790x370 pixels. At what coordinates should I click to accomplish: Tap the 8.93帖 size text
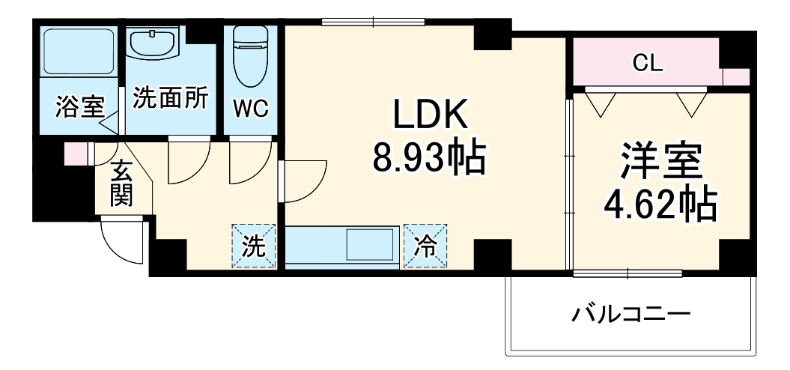click(430, 158)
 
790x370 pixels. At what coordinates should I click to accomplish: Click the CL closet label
click(647, 64)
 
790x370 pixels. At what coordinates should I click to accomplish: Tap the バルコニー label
click(631, 313)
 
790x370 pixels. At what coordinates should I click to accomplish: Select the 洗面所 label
click(171, 99)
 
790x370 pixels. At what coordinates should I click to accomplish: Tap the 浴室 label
click(79, 106)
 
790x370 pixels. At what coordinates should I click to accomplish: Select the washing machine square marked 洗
click(254, 246)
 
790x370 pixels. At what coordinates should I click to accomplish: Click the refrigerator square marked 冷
click(425, 246)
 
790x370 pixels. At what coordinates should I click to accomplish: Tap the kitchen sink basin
click(368, 245)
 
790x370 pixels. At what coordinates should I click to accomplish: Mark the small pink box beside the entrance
click(75, 154)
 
